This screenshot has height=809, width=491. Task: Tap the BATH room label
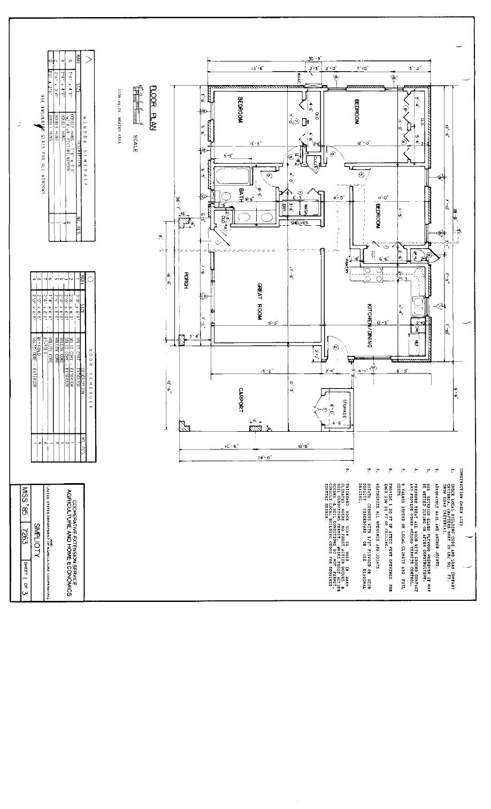pyautogui.click(x=242, y=195)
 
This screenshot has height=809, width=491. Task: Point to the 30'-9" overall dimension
pyautogui.click(x=315, y=59)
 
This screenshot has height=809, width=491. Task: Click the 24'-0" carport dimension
pyautogui.click(x=266, y=457)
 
